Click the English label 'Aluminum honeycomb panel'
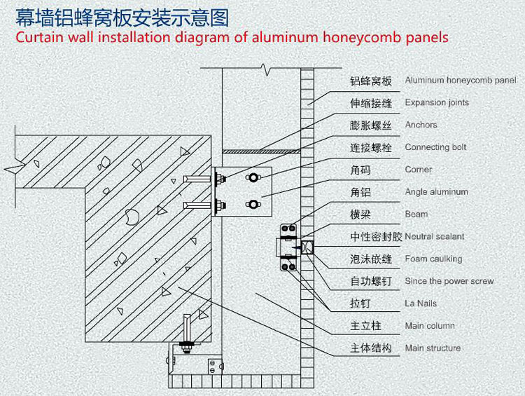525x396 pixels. pyautogui.click(x=460, y=81)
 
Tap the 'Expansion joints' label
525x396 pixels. pyautogui.click(x=437, y=103)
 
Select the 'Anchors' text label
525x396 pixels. pyautogui.click(x=421, y=125)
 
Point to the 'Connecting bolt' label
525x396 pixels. pyautogui.click(x=435, y=148)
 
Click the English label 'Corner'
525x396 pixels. pyautogui.click(x=419, y=170)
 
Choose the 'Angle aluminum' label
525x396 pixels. pyautogui.click(x=436, y=192)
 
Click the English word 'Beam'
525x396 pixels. pyautogui.click(x=416, y=214)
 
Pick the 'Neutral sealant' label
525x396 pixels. pyautogui.click(x=434, y=237)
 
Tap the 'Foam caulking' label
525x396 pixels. pyautogui.click(x=433, y=259)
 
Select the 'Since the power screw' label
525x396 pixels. pyautogui.click(x=449, y=281)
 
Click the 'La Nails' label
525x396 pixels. pyautogui.click(x=421, y=303)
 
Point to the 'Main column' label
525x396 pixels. pyautogui.click(x=429, y=326)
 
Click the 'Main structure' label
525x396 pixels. pyautogui.click(x=433, y=348)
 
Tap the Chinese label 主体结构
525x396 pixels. pyautogui.click(x=371, y=348)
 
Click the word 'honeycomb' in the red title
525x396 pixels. pyautogui.click(x=362, y=36)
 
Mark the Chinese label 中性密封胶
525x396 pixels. pyautogui.click(x=377, y=237)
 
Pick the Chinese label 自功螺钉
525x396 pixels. pyautogui.click(x=371, y=282)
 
